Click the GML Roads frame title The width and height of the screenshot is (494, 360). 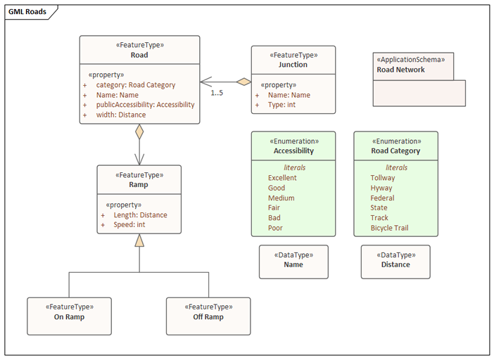(x=27, y=12)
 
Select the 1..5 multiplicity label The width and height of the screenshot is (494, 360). (x=217, y=93)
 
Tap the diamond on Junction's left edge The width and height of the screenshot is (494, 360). (x=244, y=82)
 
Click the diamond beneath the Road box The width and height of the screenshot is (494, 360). (x=139, y=131)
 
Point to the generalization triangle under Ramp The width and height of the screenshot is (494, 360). (x=139, y=240)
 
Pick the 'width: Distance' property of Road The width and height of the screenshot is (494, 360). (x=121, y=115)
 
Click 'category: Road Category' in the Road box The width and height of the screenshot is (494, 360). (x=136, y=85)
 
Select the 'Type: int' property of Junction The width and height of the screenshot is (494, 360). (x=281, y=105)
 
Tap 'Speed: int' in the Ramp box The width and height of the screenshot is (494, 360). (x=129, y=225)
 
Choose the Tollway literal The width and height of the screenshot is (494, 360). (x=383, y=178)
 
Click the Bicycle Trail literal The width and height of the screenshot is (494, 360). (x=389, y=228)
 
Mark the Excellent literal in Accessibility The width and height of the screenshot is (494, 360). (x=282, y=178)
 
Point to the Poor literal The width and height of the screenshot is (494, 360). (x=275, y=228)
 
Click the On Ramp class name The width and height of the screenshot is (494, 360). (x=69, y=317)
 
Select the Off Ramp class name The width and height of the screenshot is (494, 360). (x=208, y=317)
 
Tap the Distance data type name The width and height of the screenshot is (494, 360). (x=395, y=264)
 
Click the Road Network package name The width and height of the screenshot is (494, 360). (x=400, y=70)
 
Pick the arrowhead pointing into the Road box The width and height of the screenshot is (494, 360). (x=206, y=82)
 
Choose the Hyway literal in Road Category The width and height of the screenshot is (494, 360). (x=381, y=188)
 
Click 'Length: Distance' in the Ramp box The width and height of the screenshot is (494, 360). (x=141, y=215)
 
